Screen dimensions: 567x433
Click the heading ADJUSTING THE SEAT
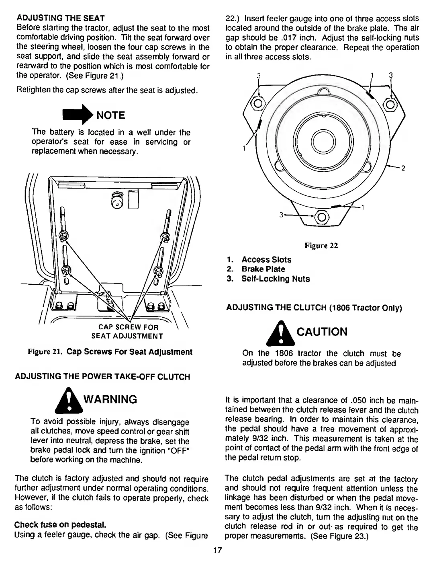click(x=60, y=18)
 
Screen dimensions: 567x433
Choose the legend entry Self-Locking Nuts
click(x=275, y=279)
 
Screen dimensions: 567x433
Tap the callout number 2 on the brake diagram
click(x=403, y=168)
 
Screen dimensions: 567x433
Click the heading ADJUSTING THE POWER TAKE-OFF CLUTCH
click(x=102, y=377)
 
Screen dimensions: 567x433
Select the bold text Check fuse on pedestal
click(x=60, y=525)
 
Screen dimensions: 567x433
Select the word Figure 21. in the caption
click(x=45, y=352)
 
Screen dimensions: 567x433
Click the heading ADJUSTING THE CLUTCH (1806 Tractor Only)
click(x=314, y=308)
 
